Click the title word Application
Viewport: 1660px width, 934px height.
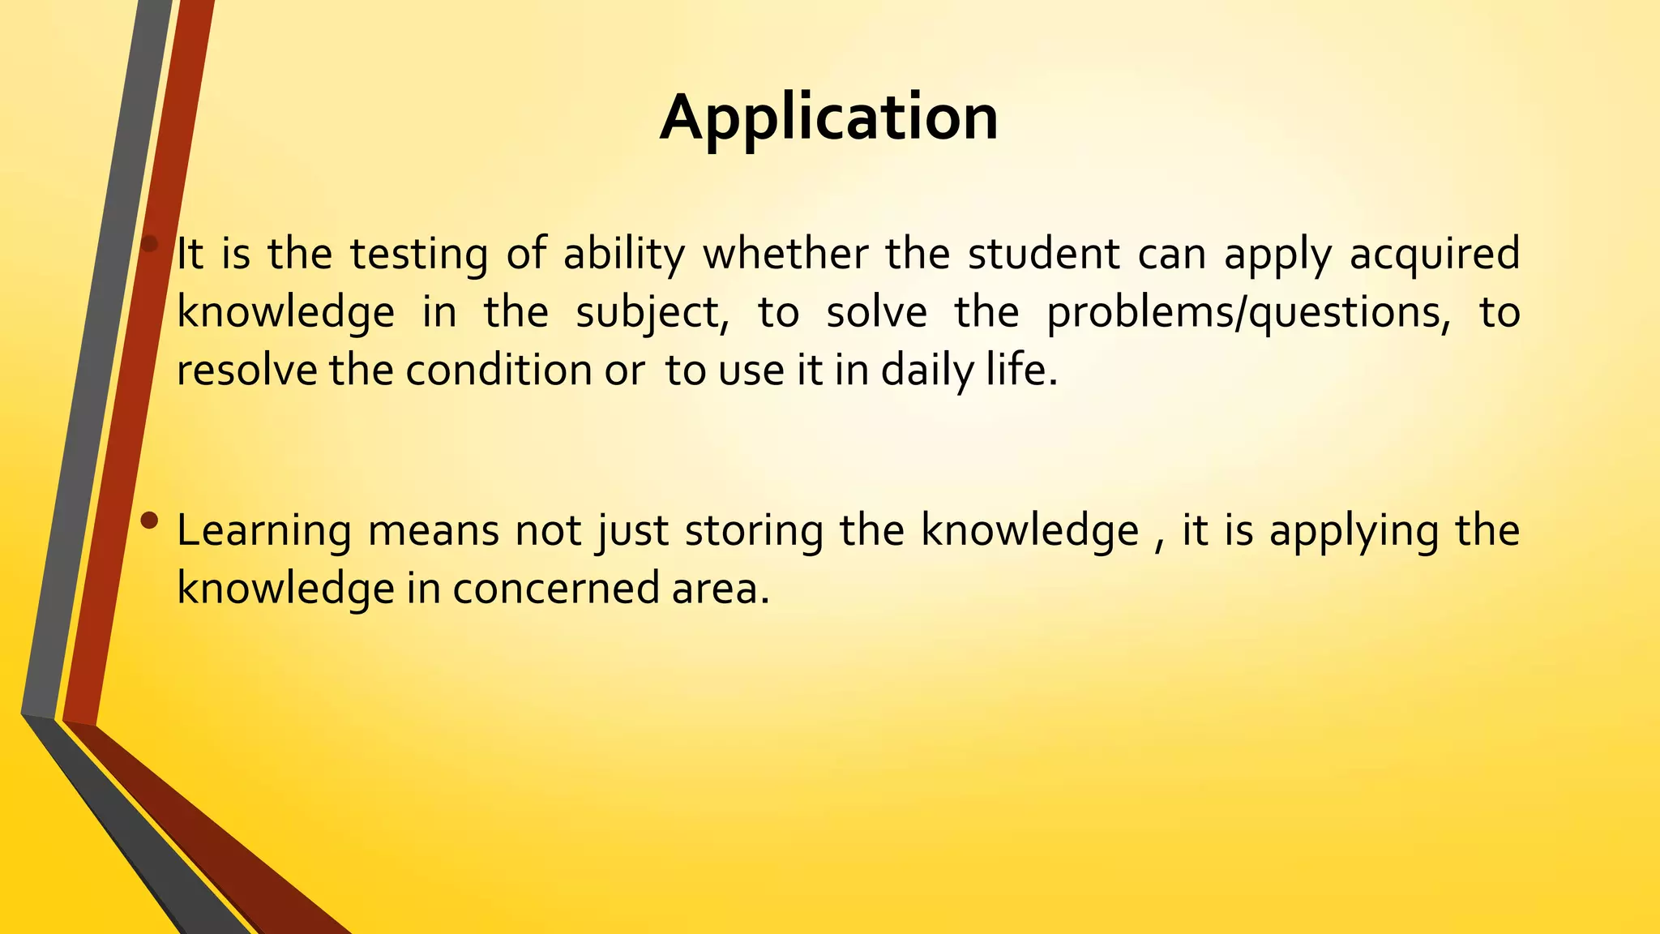point(828,118)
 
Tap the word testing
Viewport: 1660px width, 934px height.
point(419,255)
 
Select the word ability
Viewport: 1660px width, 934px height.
point(624,255)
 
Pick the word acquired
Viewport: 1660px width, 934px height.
point(1435,255)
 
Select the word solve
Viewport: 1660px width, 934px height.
point(876,312)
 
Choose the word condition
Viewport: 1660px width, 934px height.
point(498,371)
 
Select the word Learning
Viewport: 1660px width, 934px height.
point(263,532)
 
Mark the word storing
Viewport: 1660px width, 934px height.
point(754,532)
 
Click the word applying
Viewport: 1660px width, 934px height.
point(1353,532)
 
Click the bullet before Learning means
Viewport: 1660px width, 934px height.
point(149,521)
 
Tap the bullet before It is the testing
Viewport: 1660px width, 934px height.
point(149,243)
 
